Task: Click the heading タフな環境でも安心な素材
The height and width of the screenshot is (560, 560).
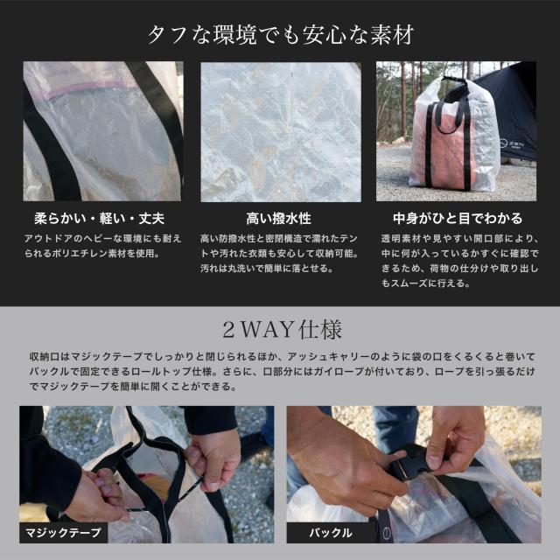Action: (281, 35)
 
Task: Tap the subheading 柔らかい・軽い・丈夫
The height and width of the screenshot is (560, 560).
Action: (99, 219)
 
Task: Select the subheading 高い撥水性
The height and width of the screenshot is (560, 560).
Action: (278, 219)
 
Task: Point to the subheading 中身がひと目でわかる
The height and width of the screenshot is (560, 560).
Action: (458, 219)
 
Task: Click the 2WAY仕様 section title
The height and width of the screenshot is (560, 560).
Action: (282, 329)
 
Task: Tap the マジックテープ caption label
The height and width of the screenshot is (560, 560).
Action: (64, 533)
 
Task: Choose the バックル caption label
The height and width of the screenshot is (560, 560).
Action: (331, 533)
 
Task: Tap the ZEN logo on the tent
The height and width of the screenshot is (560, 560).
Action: (514, 143)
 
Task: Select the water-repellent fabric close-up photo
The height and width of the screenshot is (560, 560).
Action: (281, 132)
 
